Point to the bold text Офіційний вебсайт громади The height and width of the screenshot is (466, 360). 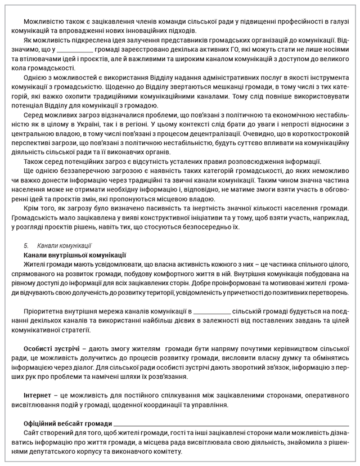pos(67,422)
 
